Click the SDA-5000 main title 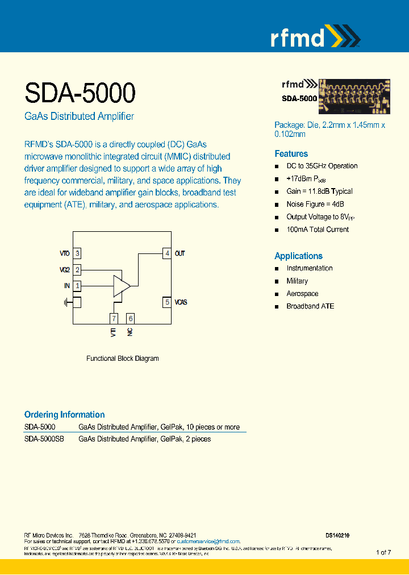pyautogui.click(x=80, y=92)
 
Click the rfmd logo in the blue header pyautogui.click(x=314, y=37)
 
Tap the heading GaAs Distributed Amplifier pyautogui.click(x=79, y=116)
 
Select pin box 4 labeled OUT pyautogui.click(x=167, y=253)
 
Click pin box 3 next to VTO pyautogui.click(x=77, y=253)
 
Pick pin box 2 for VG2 pyautogui.click(x=77, y=270)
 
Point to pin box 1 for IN pyautogui.click(x=77, y=286)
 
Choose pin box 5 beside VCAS pyautogui.click(x=167, y=302)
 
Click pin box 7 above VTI pyautogui.click(x=114, y=319)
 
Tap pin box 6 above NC pyautogui.click(x=130, y=319)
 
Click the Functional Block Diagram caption pyautogui.click(x=122, y=359)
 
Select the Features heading pyautogui.click(x=291, y=153)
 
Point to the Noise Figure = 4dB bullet pyautogui.click(x=315, y=204)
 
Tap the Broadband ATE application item pyautogui.click(x=310, y=306)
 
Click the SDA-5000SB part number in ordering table pyautogui.click(x=44, y=439)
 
